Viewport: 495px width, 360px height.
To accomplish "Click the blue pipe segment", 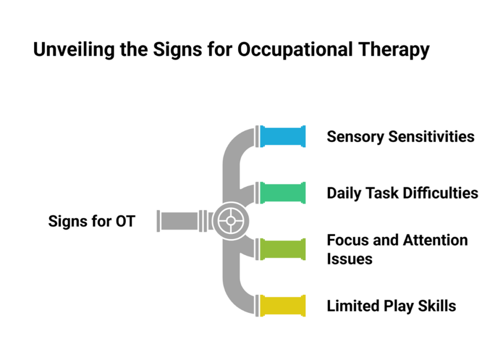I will click(x=283, y=136).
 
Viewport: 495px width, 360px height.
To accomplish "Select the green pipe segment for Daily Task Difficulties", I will click(x=283, y=193).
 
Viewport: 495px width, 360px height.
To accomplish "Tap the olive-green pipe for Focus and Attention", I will click(x=283, y=249).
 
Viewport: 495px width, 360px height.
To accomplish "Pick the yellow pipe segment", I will click(x=283, y=305).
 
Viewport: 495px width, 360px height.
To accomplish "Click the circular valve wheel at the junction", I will click(x=231, y=221).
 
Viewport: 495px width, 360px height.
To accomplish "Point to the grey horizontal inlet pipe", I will click(x=179, y=221).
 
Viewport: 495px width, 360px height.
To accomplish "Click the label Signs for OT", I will click(x=92, y=221).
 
